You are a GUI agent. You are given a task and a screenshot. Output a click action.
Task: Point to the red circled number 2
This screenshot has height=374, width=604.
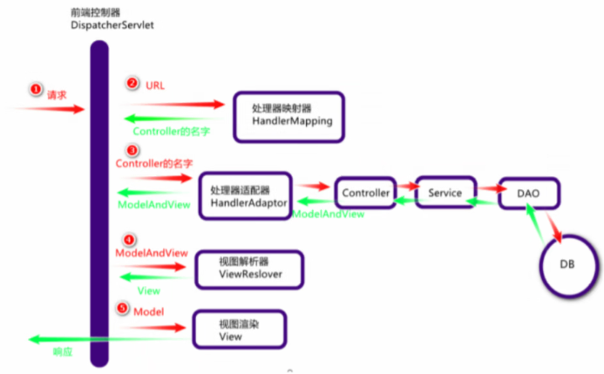132,84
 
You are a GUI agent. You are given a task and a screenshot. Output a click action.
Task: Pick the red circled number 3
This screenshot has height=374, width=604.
132,150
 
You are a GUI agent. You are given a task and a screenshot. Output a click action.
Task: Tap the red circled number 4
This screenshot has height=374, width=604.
129,239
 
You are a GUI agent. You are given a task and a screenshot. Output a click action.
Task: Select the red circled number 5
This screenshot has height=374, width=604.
123,309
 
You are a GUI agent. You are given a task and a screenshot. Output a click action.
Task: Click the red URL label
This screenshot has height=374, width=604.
155,85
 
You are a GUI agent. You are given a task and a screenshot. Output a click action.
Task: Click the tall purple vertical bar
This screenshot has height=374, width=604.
98,201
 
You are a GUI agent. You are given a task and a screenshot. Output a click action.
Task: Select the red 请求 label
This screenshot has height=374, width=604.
58,92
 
